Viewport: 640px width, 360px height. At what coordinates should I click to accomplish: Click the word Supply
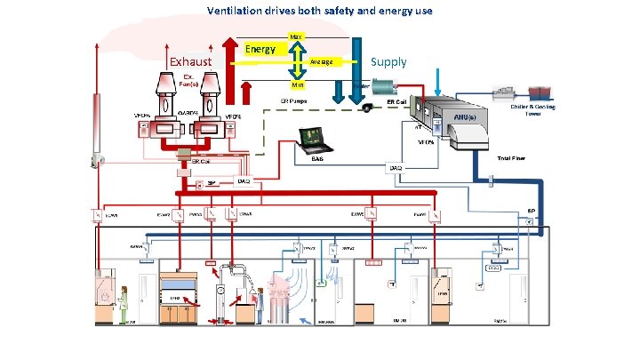pyautogui.click(x=388, y=61)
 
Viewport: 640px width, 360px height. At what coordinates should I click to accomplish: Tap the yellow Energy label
pyautogui.click(x=260, y=49)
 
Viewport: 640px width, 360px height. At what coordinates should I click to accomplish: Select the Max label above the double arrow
pyautogui.click(x=296, y=36)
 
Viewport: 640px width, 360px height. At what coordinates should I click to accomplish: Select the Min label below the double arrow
pyautogui.click(x=297, y=84)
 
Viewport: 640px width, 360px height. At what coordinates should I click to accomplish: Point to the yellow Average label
pyautogui.click(x=322, y=62)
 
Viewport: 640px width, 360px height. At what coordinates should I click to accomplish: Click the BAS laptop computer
pyautogui.click(x=316, y=140)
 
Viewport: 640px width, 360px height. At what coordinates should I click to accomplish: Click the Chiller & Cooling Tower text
pyautogui.click(x=532, y=110)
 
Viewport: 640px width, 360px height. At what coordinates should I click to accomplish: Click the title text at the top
pyautogui.click(x=319, y=12)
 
